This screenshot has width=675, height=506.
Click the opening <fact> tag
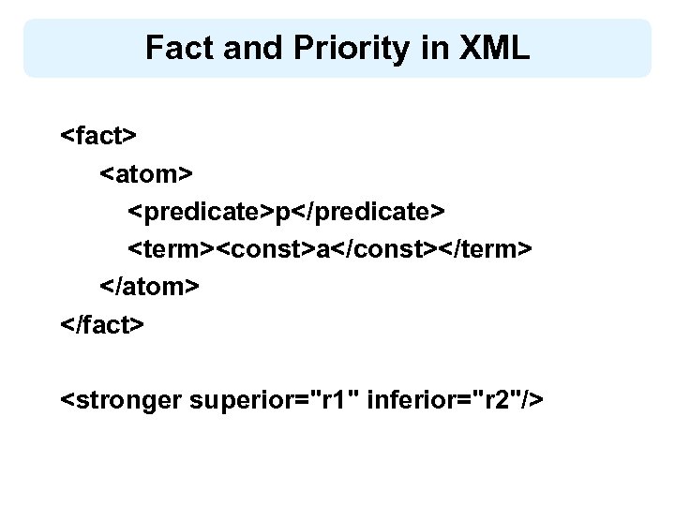coord(99,135)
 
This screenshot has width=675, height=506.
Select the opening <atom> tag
coord(145,173)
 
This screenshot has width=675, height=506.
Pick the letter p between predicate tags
coord(281,214)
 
